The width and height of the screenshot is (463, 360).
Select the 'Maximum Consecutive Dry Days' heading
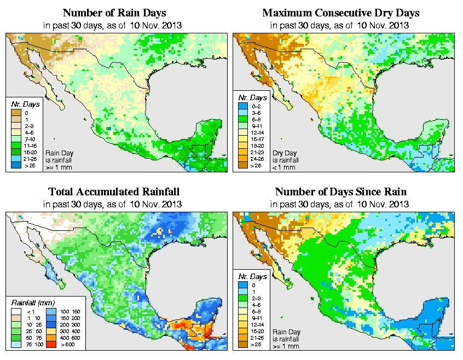click(341, 13)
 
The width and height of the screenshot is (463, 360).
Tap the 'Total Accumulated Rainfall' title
click(113, 192)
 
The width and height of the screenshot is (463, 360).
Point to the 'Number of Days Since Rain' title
click(341, 192)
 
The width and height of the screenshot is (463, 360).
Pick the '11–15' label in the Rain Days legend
click(29, 146)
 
